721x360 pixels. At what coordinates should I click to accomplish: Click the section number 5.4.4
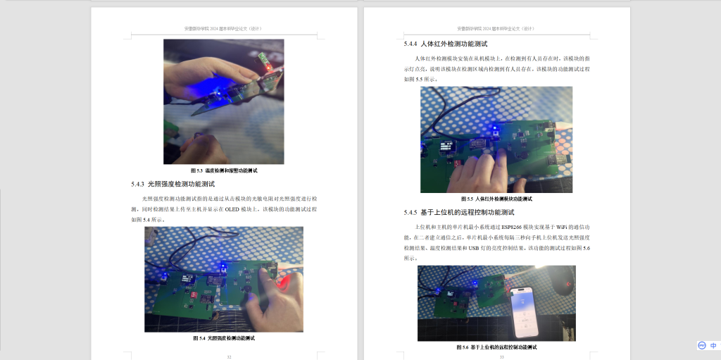point(410,44)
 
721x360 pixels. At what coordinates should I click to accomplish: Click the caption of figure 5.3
point(224,170)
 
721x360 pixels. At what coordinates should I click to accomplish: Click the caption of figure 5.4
point(224,338)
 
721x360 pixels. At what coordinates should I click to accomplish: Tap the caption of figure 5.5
point(496,199)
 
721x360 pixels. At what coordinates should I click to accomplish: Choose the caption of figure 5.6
point(496,347)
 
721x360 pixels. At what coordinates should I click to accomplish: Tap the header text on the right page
point(496,29)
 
